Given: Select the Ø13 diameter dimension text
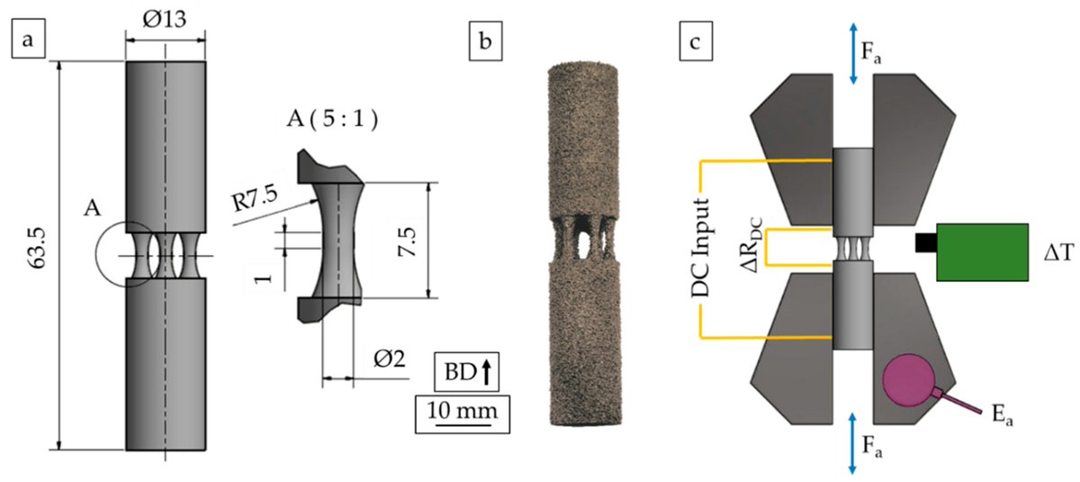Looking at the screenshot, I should click(x=165, y=19).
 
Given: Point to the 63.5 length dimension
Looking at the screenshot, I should click(x=34, y=254).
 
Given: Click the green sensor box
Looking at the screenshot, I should click(x=982, y=252).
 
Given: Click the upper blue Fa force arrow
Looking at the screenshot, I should click(x=854, y=55).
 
